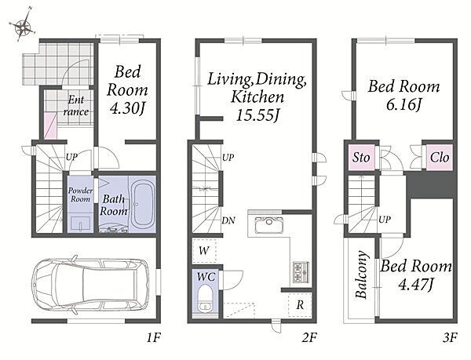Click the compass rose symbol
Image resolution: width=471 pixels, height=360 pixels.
tap(23, 26)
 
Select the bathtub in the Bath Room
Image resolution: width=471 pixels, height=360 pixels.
tap(142, 204)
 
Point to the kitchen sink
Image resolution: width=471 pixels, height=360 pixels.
tap(268, 224)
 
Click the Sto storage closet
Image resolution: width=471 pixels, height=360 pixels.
tap(361, 157)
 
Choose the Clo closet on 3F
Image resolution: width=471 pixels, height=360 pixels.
tap(439, 157)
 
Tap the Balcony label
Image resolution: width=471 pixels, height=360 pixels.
tap(361, 275)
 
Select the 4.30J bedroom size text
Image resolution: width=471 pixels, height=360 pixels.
tap(127, 108)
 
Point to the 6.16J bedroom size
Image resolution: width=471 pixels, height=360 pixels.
tap(403, 104)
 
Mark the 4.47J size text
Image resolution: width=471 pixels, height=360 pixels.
tap(416, 284)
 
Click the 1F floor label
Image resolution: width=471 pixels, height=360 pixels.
tap(154, 338)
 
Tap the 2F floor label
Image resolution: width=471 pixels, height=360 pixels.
tap(309, 338)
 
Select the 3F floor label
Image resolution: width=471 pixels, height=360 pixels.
tap(450, 338)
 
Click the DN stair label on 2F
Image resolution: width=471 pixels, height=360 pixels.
tap(228, 220)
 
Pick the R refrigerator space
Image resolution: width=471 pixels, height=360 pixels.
tap(300, 305)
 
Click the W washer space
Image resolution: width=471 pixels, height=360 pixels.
tap(204, 251)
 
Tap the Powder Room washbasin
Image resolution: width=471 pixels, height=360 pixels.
tap(79, 224)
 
